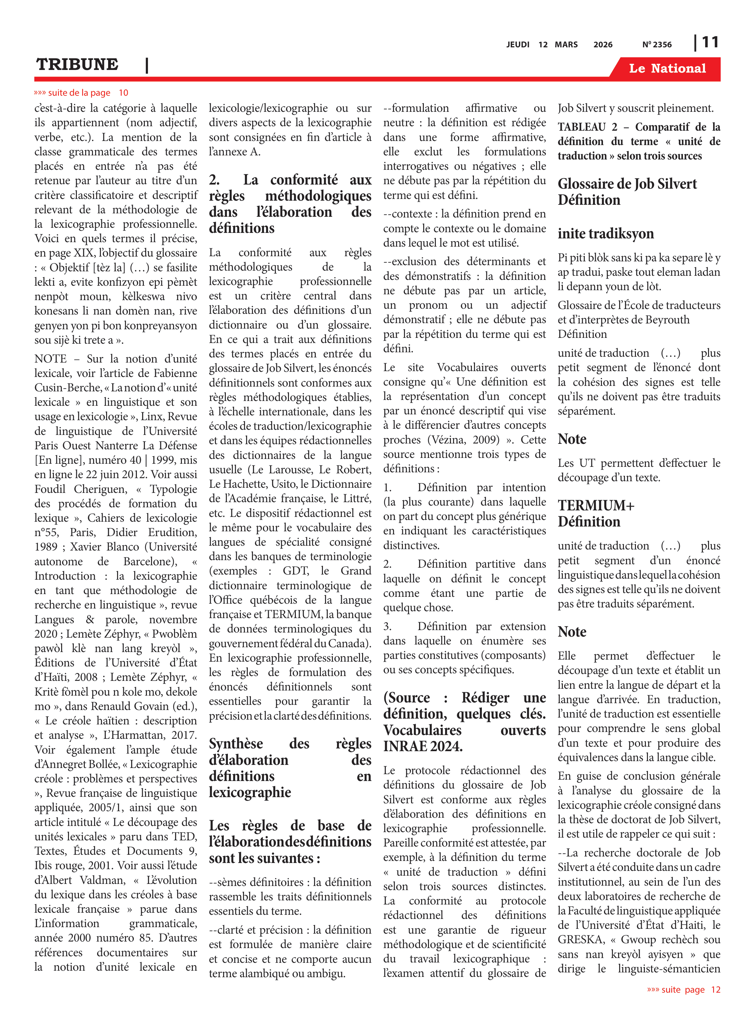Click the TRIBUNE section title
click(x=77, y=64)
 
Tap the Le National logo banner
click(x=667, y=69)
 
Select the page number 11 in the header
click(x=710, y=43)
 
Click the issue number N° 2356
click(x=657, y=44)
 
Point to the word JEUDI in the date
click(x=518, y=44)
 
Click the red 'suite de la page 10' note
click(x=81, y=93)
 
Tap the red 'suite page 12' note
click(x=684, y=989)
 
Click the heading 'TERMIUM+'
click(x=596, y=505)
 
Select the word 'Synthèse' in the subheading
click(x=236, y=744)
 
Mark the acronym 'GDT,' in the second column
click(x=296, y=571)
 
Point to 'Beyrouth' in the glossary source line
click(x=667, y=320)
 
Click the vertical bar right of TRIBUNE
click(x=147, y=65)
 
